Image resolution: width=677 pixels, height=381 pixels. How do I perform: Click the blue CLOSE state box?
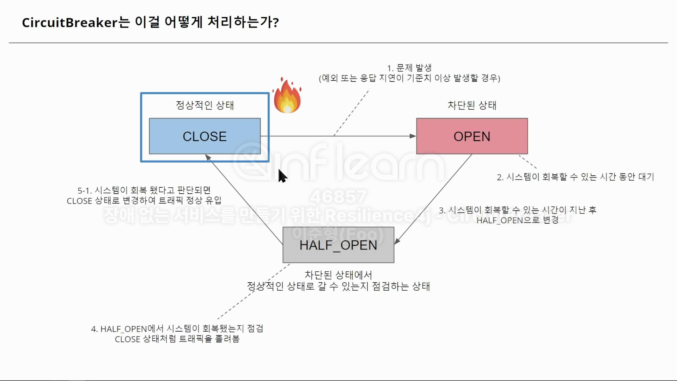click(x=205, y=136)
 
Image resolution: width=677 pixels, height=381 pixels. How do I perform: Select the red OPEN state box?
click(x=472, y=136)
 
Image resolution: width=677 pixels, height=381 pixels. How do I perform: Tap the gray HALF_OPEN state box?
click(x=338, y=245)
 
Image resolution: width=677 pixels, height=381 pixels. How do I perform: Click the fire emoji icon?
click(x=287, y=96)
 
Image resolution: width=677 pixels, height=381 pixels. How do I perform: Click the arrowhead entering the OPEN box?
click(x=413, y=136)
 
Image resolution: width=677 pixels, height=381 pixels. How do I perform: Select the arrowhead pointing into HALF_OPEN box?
click(x=397, y=241)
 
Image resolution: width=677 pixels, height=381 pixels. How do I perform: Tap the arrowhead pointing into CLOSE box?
click(x=208, y=157)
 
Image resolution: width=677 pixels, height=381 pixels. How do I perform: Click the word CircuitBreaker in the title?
click(x=69, y=23)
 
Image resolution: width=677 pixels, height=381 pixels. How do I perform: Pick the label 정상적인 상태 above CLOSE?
click(x=205, y=105)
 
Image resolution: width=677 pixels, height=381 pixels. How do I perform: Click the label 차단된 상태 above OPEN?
click(x=472, y=105)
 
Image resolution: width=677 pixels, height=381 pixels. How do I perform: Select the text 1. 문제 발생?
click(x=409, y=68)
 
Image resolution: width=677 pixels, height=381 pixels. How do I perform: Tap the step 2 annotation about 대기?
click(x=575, y=177)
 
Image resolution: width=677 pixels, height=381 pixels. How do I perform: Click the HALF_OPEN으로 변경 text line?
click(x=517, y=220)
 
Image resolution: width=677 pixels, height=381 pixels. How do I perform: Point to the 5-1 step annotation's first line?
click(x=144, y=190)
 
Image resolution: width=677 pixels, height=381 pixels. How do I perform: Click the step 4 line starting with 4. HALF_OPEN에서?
click(x=177, y=329)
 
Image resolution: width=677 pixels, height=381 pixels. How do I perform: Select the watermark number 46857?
click(x=338, y=196)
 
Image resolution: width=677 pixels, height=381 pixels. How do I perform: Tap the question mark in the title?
click(x=276, y=23)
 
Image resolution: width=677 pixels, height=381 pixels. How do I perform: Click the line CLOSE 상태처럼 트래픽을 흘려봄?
click(x=177, y=339)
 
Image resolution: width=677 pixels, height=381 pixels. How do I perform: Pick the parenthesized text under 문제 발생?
click(x=409, y=78)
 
